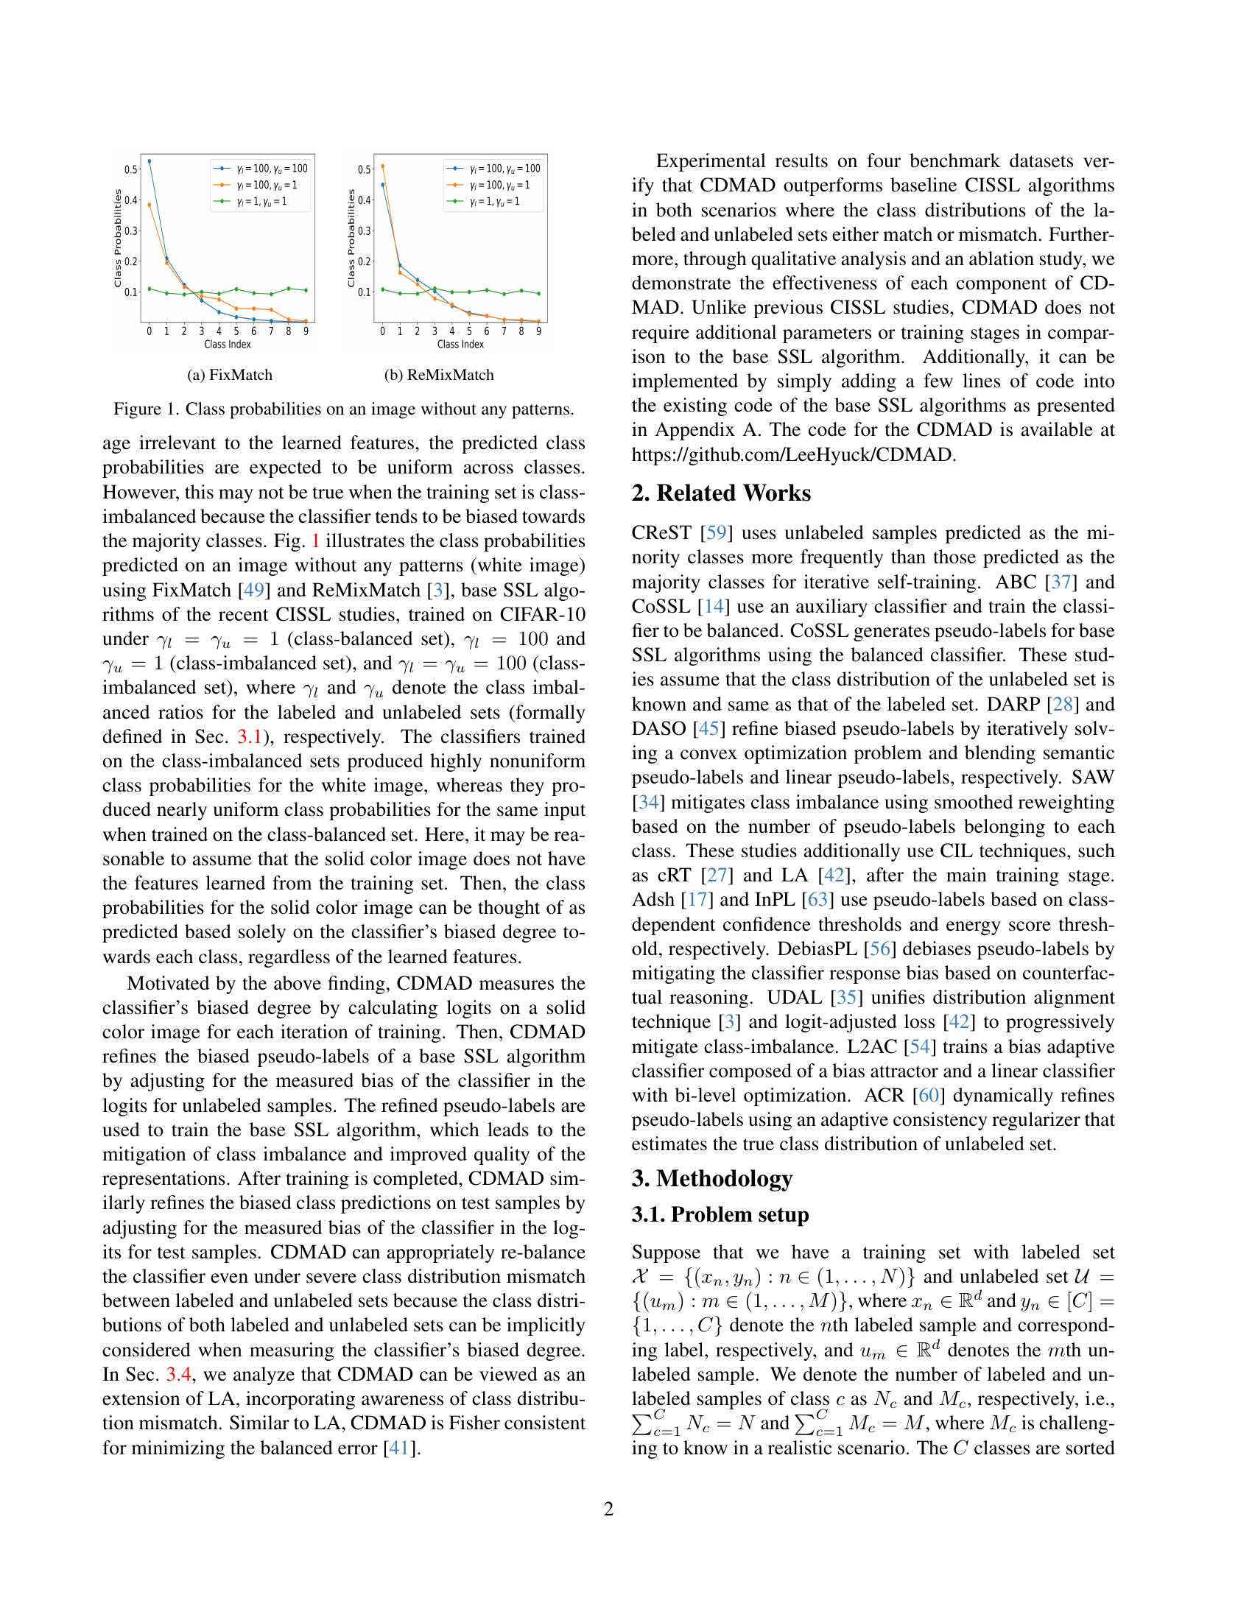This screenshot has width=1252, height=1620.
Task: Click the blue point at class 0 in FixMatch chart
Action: pyautogui.click(x=149, y=161)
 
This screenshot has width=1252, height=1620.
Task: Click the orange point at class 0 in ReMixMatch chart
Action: pyautogui.click(x=382, y=166)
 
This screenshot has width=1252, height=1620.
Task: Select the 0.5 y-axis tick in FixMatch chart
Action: pyautogui.click(x=130, y=169)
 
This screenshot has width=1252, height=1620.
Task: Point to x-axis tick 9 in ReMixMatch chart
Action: pyautogui.click(x=538, y=331)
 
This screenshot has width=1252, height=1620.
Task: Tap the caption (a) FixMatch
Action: pyautogui.click(x=230, y=375)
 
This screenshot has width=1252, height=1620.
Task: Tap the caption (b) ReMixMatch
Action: pyautogui.click(x=439, y=375)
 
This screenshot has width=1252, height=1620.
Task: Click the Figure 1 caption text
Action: pyautogui.click(x=343, y=409)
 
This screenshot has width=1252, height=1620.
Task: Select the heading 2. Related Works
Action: pyautogui.click(x=721, y=493)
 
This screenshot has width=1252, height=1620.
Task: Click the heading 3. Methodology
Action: pyautogui.click(x=712, y=1179)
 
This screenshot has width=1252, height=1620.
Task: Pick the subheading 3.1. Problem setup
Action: pyautogui.click(x=720, y=1215)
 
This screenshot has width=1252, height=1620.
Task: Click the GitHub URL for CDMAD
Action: pyautogui.click(x=794, y=454)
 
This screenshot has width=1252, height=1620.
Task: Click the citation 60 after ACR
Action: pyautogui.click(x=929, y=1096)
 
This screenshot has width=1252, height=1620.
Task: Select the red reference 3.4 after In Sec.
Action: pyautogui.click(x=179, y=1375)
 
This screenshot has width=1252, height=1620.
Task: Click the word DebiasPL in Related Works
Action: pyautogui.click(x=808, y=949)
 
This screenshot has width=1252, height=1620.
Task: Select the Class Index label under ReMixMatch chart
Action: pyautogui.click(x=460, y=344)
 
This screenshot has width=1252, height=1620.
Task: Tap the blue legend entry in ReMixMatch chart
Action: pyautogui.click(x=494, y=169)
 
